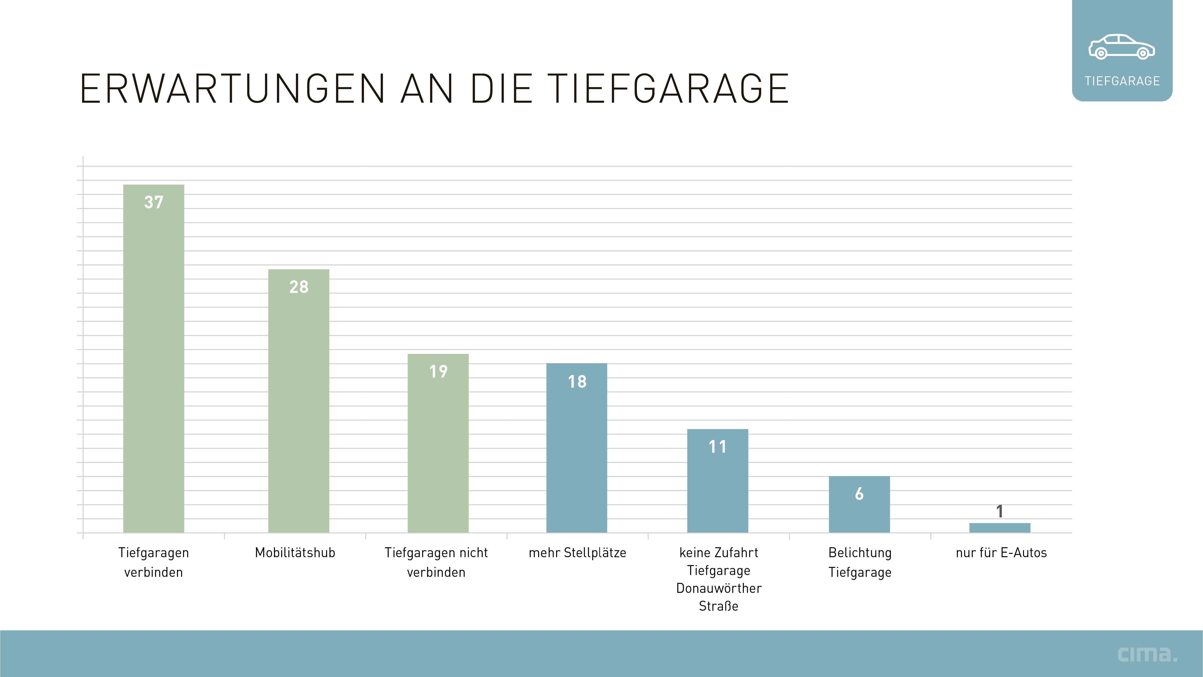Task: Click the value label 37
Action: click(154, 202)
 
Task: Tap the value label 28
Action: click(298, 287)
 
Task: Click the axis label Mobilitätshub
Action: click(295, 553)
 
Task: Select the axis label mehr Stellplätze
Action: click(577, 553)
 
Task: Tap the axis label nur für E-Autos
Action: click(1001, 553)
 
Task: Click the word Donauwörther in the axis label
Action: click(719, 588)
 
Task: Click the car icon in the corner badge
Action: click(1122, 47)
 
